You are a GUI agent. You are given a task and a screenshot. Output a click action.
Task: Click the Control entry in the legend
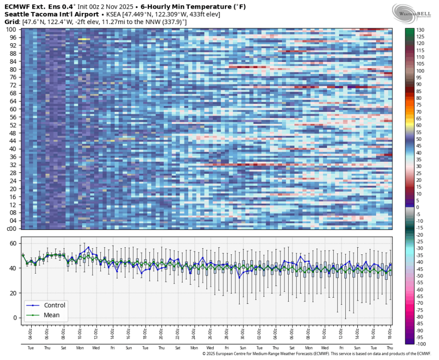point(54,305)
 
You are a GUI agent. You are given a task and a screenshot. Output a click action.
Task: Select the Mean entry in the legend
point(51,315)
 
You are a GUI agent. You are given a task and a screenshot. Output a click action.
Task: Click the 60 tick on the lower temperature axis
point(13,243)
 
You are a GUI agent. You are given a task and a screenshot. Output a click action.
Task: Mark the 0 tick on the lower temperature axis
point(15,318)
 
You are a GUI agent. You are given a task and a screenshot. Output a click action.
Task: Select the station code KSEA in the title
point(116,15)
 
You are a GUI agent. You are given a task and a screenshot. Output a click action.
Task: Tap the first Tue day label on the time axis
point(30,348)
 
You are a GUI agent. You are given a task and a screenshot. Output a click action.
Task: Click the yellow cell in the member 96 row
point(84,39)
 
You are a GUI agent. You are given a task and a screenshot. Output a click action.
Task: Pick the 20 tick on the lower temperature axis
point(13,293)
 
